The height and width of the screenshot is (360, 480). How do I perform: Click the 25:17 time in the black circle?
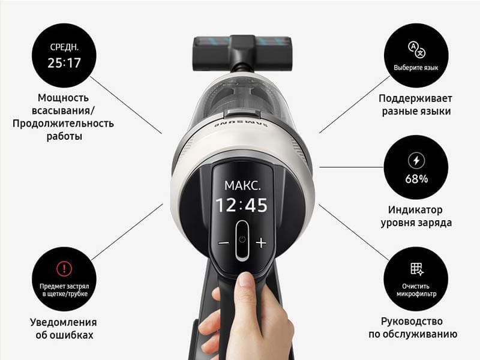click(x=64, y=63)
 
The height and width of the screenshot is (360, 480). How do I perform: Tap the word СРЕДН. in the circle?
click(x=64, y=47)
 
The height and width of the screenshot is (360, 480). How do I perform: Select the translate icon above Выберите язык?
click(x=416, y=50)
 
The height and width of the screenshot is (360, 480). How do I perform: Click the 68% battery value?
click(x=416, y=179)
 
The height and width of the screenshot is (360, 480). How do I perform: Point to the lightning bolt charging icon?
click(x=416, y=160)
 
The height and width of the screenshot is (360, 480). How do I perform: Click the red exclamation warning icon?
click(x=64, y=269)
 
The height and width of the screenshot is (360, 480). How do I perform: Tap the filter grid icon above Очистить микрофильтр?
click(x=416, y=269)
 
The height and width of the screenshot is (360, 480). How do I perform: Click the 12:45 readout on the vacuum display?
click(x=242, y=205)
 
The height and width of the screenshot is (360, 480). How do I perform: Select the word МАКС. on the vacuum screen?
click(x=242, y=185)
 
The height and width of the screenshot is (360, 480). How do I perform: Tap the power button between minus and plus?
click(x=242, y=241)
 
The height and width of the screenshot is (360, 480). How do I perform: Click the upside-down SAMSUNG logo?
click(x=241, y=125)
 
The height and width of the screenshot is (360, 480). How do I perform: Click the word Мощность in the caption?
click(x=64, y=98)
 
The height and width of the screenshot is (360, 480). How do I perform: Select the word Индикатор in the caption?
click(x=415, y=210)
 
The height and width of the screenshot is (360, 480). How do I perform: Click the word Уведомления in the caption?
click(x=64, y=322)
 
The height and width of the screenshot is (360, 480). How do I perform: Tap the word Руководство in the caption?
click(x=412, y=322)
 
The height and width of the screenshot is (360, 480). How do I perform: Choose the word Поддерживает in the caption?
click(x=415, y=98)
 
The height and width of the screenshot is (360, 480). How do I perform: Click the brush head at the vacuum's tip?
click(x=242, y=52)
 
